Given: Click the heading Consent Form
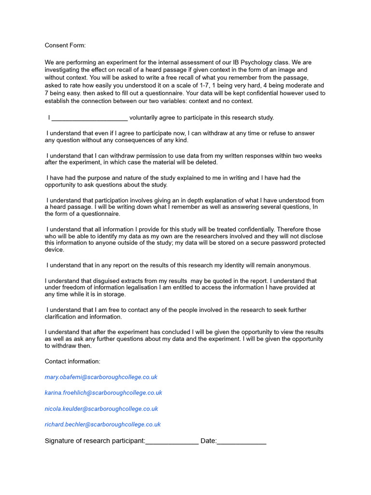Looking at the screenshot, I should pos(65,45).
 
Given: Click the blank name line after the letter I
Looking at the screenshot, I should pos(89,118).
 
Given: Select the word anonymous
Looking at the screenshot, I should pos(289,265).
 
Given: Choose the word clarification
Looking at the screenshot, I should pos(60,317).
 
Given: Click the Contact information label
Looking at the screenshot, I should pos(72,362).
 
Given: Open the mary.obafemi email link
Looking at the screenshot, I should pos(101,377).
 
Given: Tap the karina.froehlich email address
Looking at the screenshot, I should pos(103,393).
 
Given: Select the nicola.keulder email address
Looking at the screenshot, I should pos(101,409).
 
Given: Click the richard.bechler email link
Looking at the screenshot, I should pos(103,424).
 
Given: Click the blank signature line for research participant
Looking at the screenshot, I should pos(172,441).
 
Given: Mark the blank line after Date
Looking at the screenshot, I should pos(242,441).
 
